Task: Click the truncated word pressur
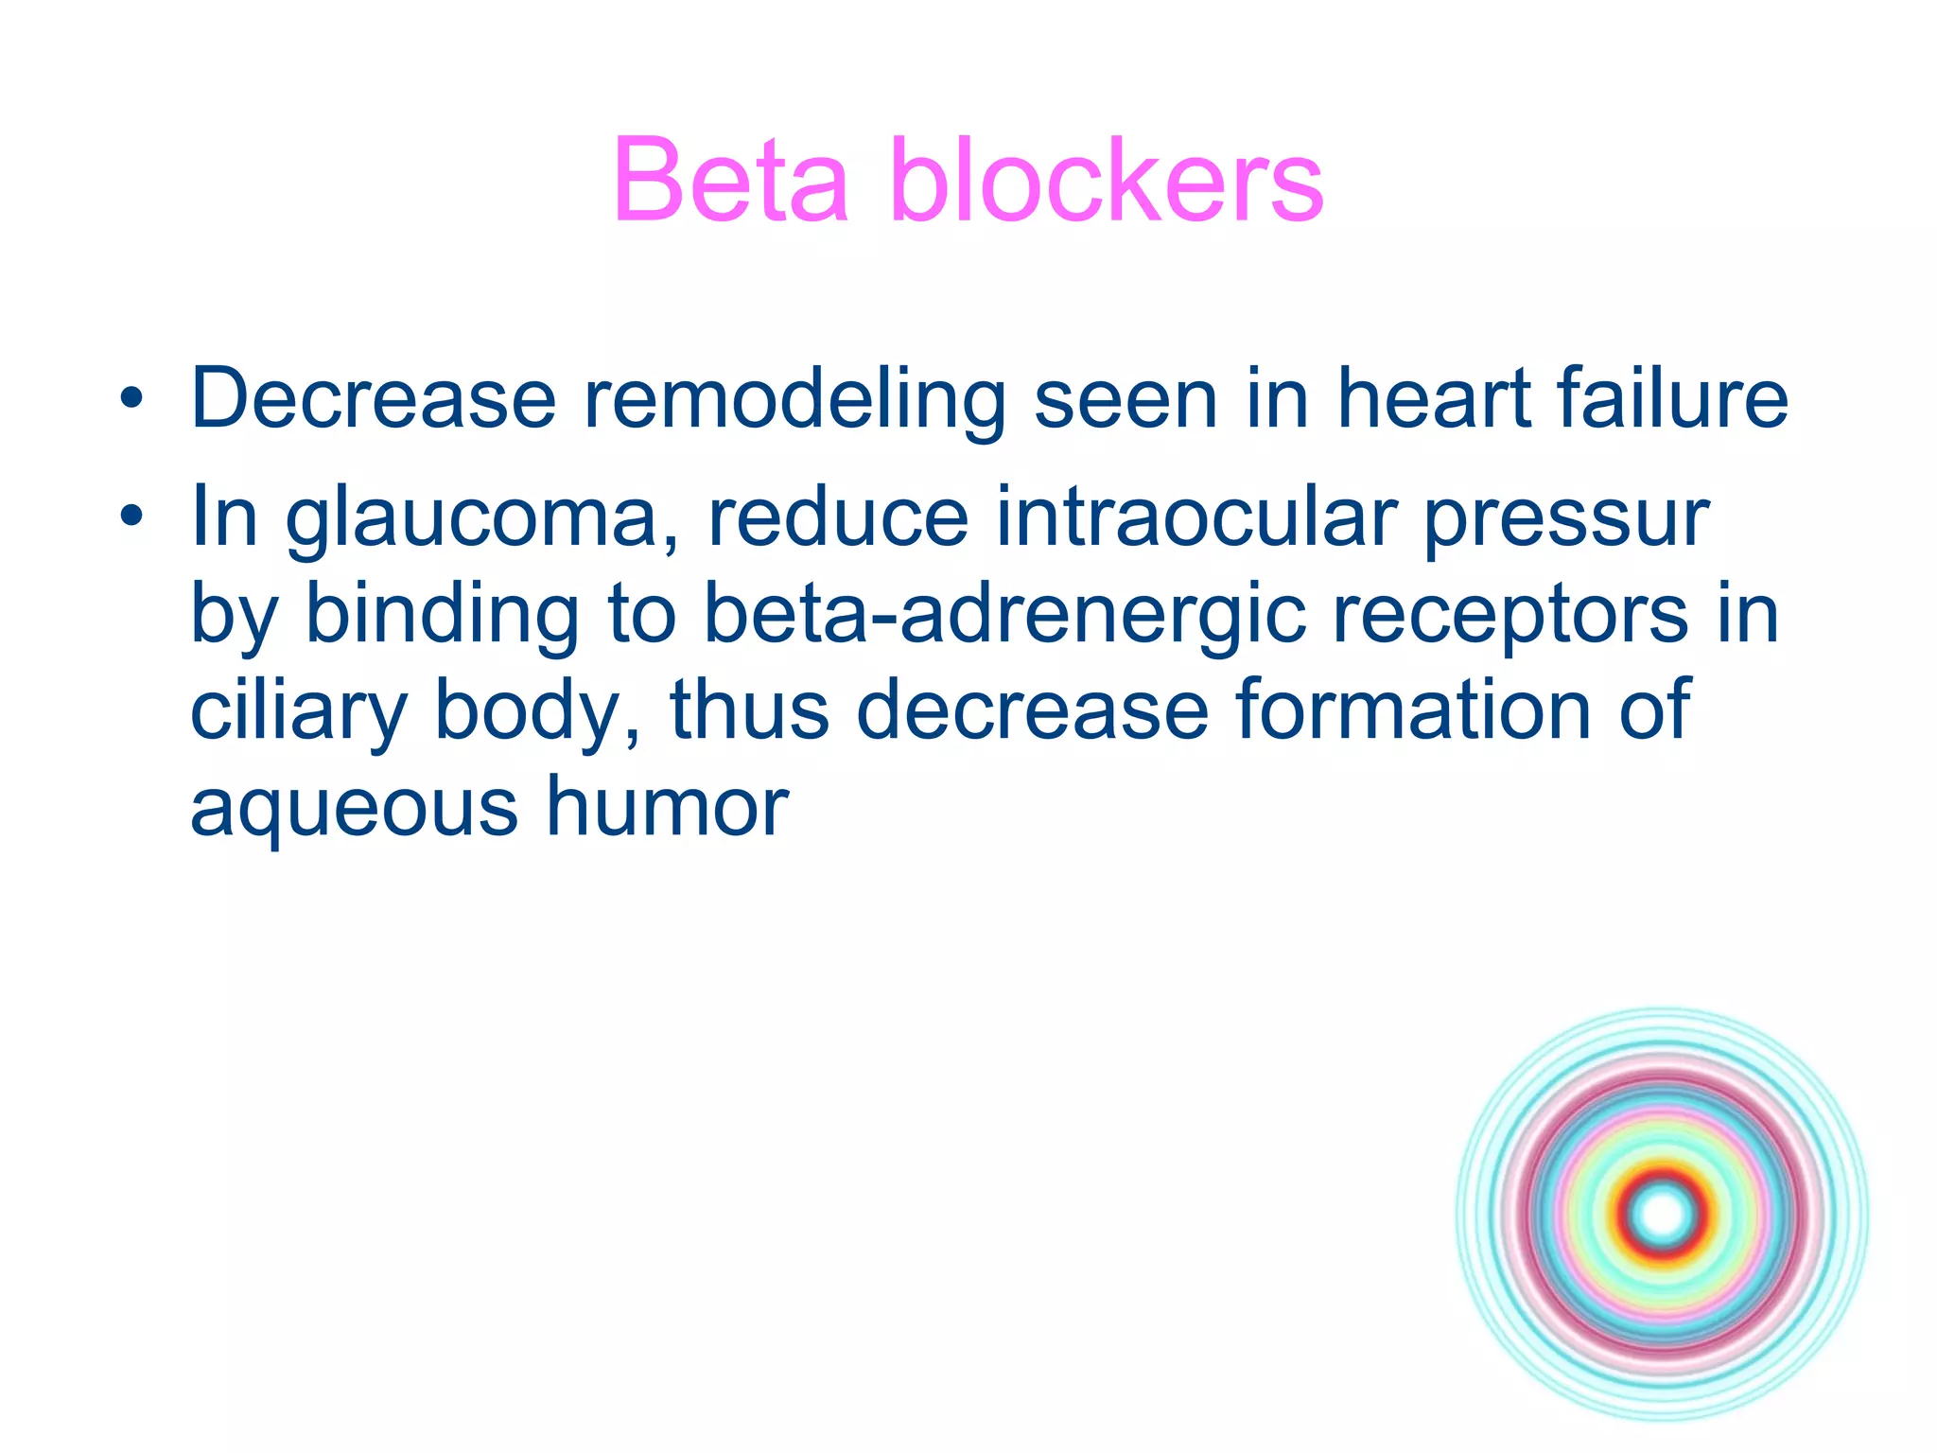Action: tap(1565, 520)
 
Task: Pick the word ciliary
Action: tap(299, 713)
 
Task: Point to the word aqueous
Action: tap(354, 810)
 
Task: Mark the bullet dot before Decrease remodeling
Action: tap(132, 399)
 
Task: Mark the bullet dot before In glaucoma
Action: tap(132, 516)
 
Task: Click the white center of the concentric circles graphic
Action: tap(1663, 1215)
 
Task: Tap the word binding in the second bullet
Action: tap(441, 617)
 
